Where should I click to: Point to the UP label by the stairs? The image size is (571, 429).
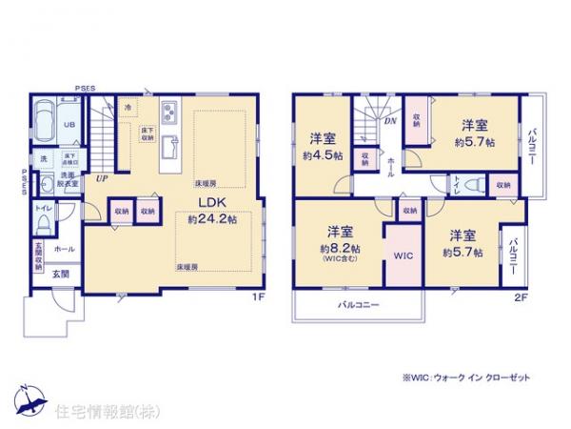click(x=100, y=177)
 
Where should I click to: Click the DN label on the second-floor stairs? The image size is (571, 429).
click(x=390, y=122)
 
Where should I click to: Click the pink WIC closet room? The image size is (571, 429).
click(x=400, y=256)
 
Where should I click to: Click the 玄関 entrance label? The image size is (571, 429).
click(x=59, y=275)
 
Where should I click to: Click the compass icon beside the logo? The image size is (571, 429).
click(x=30, y=396)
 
